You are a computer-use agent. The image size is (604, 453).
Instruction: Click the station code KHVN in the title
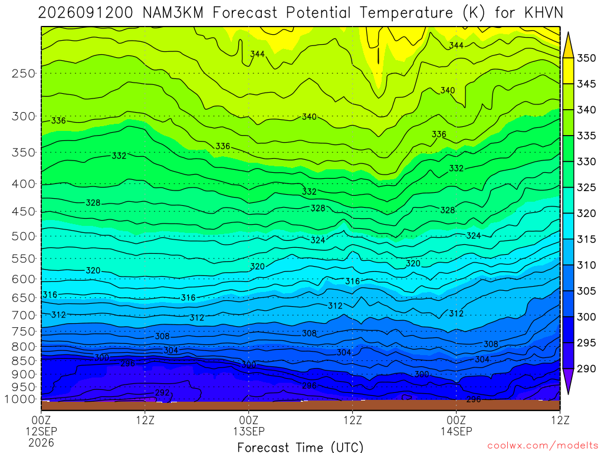[543, 13]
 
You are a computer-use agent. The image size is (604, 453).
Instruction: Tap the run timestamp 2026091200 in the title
[86, 13]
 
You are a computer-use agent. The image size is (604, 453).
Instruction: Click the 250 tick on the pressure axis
[24, 73]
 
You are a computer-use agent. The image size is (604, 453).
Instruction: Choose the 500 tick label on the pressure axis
[24, 236]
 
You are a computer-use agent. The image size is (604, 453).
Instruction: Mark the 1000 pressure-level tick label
[20, 399]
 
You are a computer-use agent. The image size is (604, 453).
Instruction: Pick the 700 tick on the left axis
[24, 315]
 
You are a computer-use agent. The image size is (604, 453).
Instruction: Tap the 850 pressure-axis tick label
[24, 360]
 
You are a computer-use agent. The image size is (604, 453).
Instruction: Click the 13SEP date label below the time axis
[249, 431]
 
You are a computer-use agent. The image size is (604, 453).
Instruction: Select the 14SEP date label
[457, 431]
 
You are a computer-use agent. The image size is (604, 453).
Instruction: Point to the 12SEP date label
[41, 431]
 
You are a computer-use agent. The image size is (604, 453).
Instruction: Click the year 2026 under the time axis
[41, 442]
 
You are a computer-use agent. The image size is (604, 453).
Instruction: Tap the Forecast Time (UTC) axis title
[300, 447]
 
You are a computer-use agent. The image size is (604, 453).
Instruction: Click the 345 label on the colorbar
[586, 84]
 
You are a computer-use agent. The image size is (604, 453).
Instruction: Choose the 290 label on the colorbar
[586, 369]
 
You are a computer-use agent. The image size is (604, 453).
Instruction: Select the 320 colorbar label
[586, 214]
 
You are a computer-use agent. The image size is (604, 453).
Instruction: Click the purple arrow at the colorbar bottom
[568, 380]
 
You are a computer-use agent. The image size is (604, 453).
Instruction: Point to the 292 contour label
[162, 392]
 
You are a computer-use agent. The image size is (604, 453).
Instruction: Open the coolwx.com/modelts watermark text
[543, 446]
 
